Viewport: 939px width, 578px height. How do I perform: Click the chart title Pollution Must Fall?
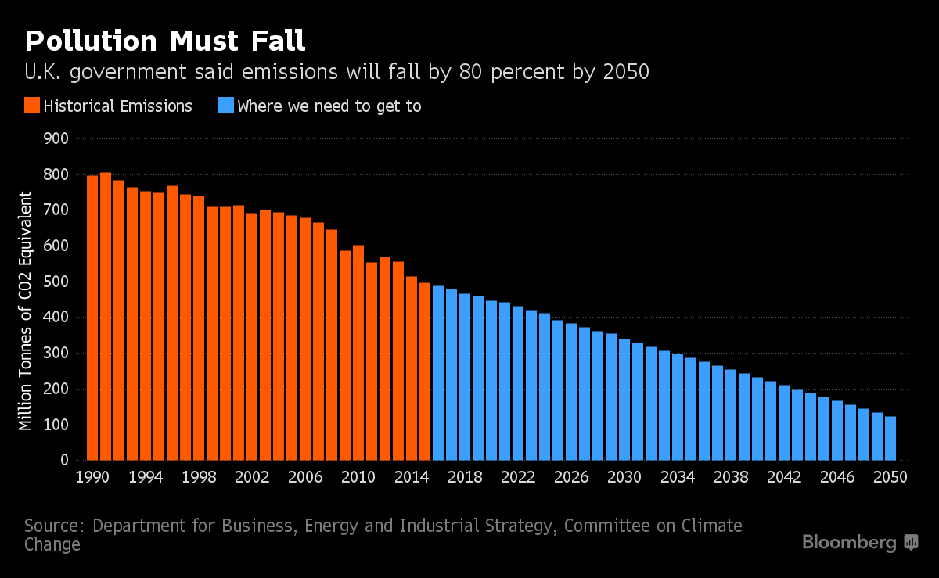[164, 41]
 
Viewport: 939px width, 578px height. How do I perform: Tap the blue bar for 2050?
[890, 438]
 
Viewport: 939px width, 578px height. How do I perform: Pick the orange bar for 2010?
[358, 353]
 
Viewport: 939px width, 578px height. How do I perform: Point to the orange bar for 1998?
[199, 328]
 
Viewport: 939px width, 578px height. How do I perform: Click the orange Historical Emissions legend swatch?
[32, 106]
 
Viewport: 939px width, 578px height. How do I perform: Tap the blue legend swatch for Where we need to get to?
[225, 106]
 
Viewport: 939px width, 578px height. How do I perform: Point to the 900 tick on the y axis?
[59, 139]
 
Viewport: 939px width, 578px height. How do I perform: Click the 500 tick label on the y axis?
[59, 282]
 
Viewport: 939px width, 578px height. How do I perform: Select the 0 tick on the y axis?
[65, 461]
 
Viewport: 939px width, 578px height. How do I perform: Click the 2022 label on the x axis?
[517, 478]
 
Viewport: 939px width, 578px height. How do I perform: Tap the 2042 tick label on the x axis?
[783, 478]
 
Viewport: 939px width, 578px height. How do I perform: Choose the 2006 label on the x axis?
[304, 478]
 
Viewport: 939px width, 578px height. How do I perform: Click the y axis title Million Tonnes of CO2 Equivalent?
[26, 311]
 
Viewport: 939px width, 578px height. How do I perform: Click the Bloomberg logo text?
[849, 543]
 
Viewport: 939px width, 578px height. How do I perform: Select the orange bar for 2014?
[412, 368]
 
